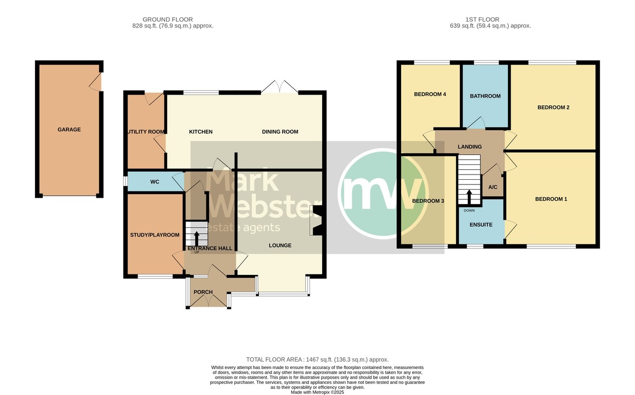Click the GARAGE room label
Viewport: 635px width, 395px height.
[x=69, y=130]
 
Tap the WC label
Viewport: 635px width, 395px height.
[x=155, y=182]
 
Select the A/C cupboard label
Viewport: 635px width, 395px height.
[x=493, y=187]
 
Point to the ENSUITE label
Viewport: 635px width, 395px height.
[x=481, y=225]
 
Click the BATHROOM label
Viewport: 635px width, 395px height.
[x=485, y=96]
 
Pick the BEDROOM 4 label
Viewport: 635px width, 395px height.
[x=430, y=94]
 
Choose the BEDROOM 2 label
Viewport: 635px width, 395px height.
[x=554, y=107]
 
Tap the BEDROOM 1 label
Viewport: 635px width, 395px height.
[x=551, y=199]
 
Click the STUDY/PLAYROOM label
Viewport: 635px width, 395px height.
[x=155, y=235]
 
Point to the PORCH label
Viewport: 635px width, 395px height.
[x=203, y=292]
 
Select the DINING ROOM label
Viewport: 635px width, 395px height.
[x=280, y=132]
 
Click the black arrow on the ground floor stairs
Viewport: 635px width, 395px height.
[x=196, y=238]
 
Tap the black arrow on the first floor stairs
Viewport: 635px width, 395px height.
[x=469, y=197]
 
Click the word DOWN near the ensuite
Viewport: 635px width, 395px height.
[x=469, y=210]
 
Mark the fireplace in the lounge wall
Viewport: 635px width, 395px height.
[x=316, y=220]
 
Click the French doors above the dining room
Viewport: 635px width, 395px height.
[x=279, y=87]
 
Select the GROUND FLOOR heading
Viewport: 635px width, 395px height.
[x=168, y=20]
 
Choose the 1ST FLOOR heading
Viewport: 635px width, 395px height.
[x=482, y=20]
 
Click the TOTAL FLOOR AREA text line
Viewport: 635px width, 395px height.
[x=317, y=360]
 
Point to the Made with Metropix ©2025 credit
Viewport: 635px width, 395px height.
[x=317, y=392]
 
